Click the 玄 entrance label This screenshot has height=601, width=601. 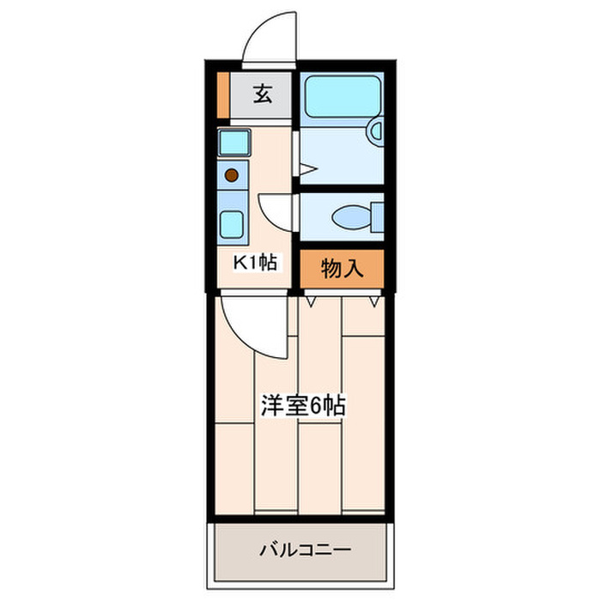(263, 95)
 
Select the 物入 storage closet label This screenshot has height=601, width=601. (342, 269)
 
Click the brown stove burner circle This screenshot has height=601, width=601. (231, 176)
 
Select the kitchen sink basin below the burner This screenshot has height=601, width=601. (232, 223)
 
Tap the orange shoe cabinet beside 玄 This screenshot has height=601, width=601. (223, 97)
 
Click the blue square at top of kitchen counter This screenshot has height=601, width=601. (233, 143)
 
